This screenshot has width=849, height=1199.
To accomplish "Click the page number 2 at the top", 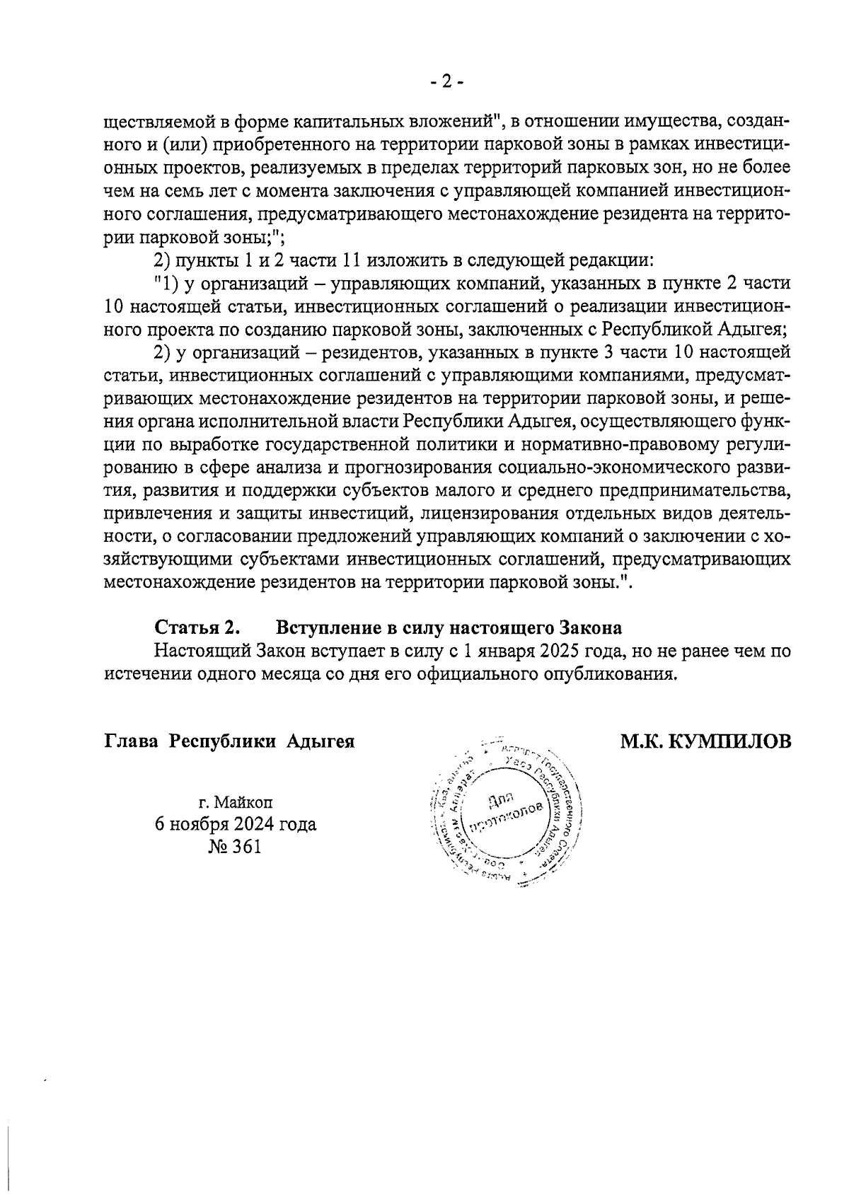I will (x=446, y=82).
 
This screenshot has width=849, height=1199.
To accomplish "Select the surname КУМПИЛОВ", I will (x=729, y=742).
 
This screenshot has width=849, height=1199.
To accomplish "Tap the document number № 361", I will (x=235, y=847).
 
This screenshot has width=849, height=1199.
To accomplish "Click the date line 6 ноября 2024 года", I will (x=235, y=825).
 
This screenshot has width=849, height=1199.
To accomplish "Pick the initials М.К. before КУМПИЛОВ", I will (x=641, y=742).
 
